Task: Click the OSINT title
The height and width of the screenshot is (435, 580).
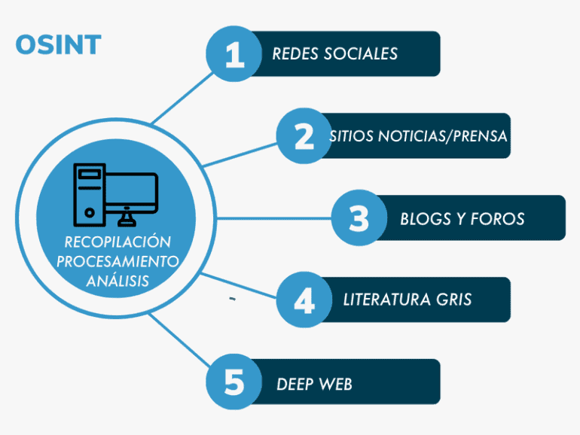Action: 57,45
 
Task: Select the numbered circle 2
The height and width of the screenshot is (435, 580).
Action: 304,136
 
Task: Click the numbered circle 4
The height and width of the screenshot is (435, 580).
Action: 304,300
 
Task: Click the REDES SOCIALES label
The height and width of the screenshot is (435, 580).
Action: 334,53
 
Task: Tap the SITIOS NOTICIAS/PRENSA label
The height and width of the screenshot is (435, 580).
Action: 418,137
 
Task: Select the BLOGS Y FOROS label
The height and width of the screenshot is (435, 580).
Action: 462,219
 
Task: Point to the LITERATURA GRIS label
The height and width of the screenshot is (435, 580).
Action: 407,300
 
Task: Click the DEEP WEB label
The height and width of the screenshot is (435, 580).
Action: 314,385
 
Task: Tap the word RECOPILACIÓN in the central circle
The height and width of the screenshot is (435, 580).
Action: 118,243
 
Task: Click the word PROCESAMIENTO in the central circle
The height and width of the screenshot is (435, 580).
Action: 118,262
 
